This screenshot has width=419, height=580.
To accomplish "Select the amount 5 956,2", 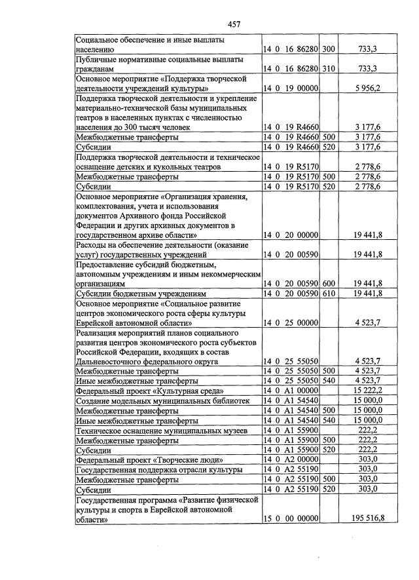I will tap(367, 88).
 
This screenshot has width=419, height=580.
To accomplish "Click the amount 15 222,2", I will tap(367, 391).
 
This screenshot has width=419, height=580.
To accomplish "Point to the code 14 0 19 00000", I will tap(291, 88).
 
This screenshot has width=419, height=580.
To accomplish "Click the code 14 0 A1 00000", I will tap(291, 391).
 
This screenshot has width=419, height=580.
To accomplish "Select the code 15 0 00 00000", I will tap(291, 518).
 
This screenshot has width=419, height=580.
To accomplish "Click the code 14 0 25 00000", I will tap(291, 322).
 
